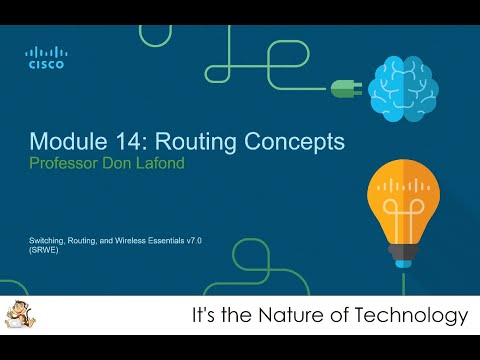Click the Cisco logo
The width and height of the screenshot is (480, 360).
point(45,58)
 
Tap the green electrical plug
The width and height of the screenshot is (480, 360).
point(344,87)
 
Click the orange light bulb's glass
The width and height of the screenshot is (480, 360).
point(407,194)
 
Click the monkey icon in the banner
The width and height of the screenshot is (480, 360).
point(17,315)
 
